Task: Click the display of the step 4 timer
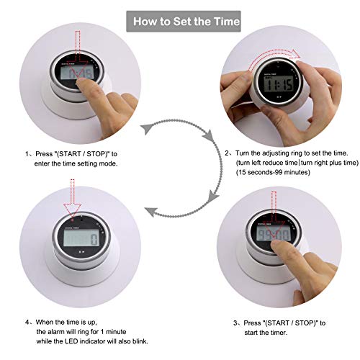[x=82, y=238]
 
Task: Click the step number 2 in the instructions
[x=228, y=153]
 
